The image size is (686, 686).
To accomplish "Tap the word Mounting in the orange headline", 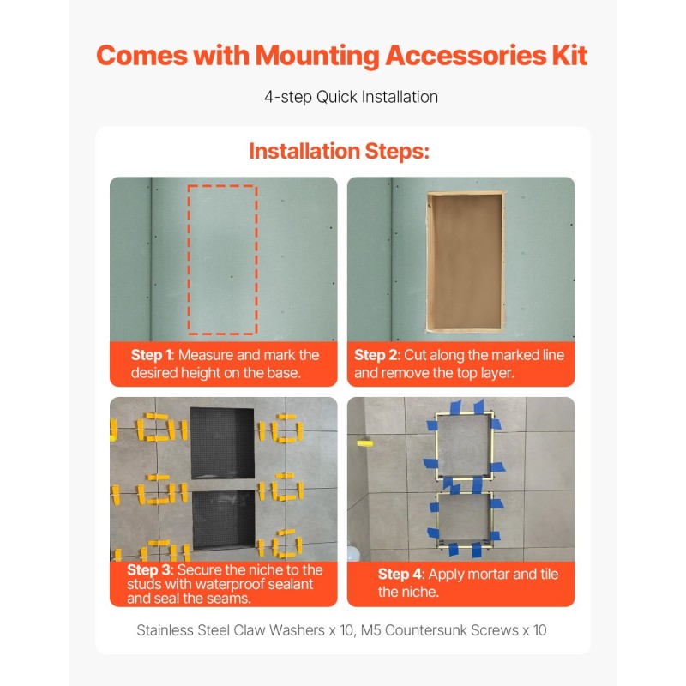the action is (317, 56).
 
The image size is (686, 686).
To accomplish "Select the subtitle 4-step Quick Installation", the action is (351, 97).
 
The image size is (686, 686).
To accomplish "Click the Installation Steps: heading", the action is (339, 152).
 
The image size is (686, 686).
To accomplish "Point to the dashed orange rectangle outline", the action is (188, 260).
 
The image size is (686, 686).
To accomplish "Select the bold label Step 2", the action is (376, 355).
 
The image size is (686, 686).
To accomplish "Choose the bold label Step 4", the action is (400, 574).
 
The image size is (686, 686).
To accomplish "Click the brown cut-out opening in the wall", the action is (465, 262).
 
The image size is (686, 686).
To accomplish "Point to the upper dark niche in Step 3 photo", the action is (222, 442).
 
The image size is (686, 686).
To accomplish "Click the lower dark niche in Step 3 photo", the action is (223, 520).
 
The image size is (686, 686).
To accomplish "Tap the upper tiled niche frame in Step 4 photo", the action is (436, 446).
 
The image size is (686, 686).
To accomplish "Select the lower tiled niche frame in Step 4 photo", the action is (438, 521).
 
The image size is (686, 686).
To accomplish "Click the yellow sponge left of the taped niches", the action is (365, 443).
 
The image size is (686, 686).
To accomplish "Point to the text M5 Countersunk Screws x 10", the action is (454, 630).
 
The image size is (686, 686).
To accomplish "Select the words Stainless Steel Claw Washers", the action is (231, 630).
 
